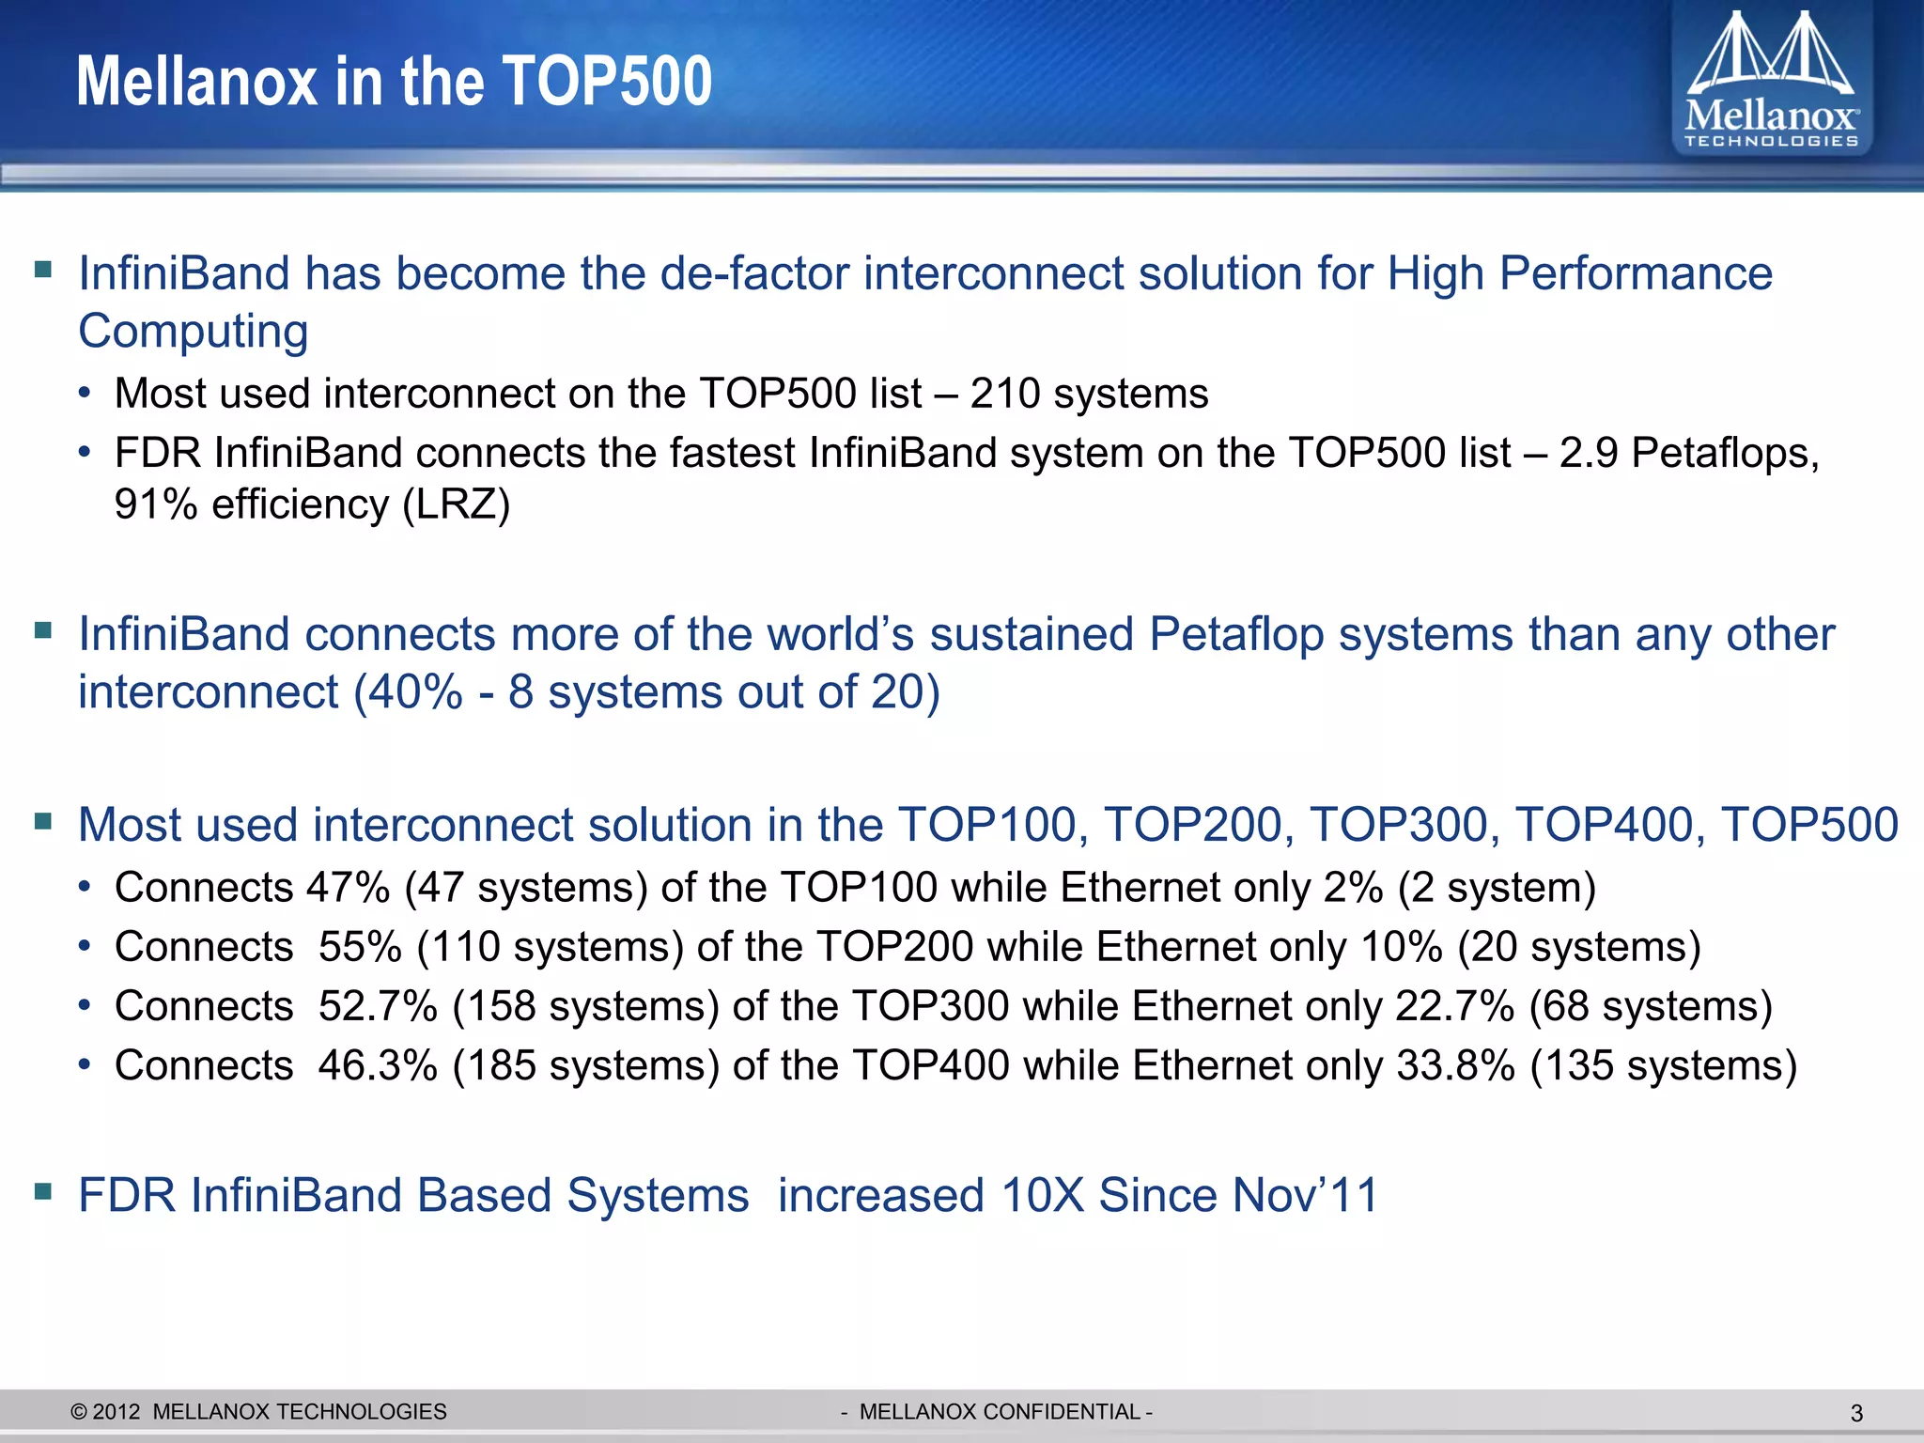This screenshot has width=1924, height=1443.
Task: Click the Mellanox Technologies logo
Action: pyautogui.click(x=1771, y=80)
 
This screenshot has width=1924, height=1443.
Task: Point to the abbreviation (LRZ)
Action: pyautogui.click(x=457, y=505)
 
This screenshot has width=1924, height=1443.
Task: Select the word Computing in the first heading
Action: pyautogui.click(x=193, y=332)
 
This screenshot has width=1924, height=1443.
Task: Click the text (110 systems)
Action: pyautogui.click(x=551, y=947)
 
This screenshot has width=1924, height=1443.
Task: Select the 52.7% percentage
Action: pyautogui.click(x=378, y=1006)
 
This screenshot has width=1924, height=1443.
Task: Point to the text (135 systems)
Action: pyautogui.click(x=1664, y=1066)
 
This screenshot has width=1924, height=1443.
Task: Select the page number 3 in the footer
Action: pyautogui.click(x=1855, y=1413)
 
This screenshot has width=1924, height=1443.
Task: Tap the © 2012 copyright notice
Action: pyautogui.click(x=105, y=1412)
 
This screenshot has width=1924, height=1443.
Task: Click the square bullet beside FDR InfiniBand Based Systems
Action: pyautogui.click(x=42, y=1191)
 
